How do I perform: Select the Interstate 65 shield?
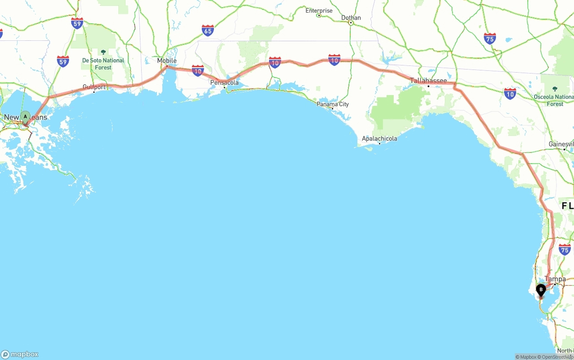click(x=208, y=30)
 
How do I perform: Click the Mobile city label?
click(x=167, y=61)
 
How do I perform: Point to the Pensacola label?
click(x=225, y=82)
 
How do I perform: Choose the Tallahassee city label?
click(x=428, y=81)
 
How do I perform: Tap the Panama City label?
click(x=333, y=104)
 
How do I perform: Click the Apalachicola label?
click(x=379, y=139)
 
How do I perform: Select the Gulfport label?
click(x=94, y=87)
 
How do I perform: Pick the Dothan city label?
click(x=351, y=18)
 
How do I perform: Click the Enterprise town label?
click(x=319, y=10)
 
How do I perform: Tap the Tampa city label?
click(x=555, y=279)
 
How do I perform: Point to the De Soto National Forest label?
click(x=103, y=64)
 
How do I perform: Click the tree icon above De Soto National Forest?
click(x=103, y=52)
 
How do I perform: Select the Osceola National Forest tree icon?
click(x=555, y=89)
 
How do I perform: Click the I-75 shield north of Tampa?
click(x=565, y=250)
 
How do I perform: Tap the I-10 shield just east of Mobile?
click(x=198, y=70)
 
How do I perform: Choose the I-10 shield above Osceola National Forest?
click(x=510, y=94)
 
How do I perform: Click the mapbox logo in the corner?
click(x=20, y=354)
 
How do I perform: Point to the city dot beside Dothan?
click(x=351, y=23)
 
